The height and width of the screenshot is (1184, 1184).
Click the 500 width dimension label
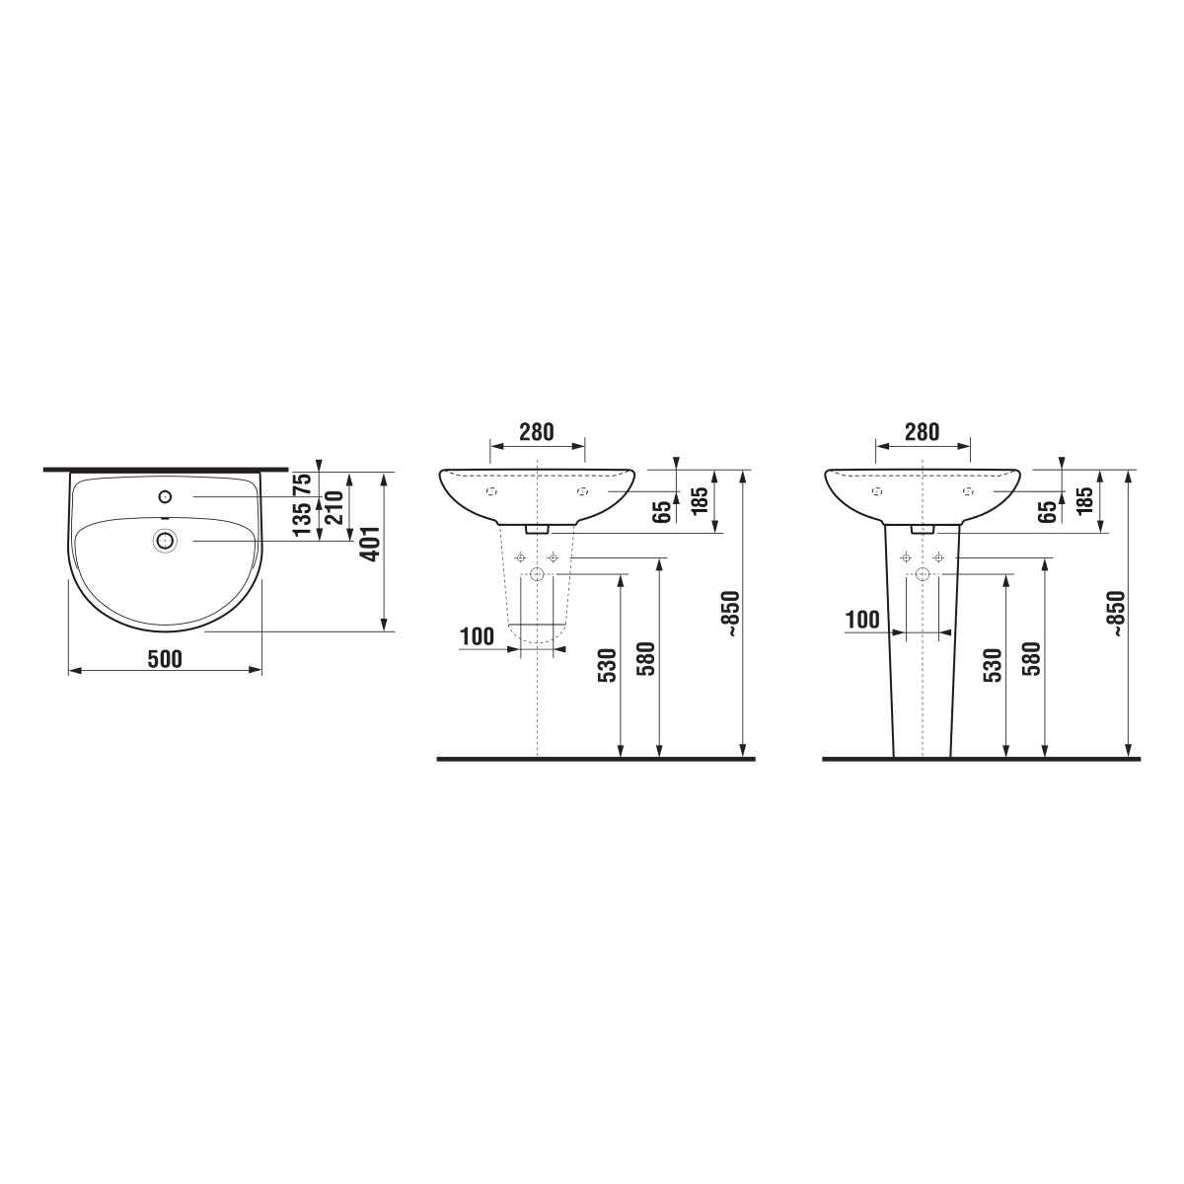coord(166,659)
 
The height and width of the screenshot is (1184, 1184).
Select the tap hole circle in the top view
coord(165,496)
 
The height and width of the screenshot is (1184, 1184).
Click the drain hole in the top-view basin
coord(165,541)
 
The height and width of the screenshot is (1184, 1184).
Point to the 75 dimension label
coord(302,486)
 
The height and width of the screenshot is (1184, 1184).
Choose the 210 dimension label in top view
coord(333,507)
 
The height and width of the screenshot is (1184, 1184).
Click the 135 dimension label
coord(302,519)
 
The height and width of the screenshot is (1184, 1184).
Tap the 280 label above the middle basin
coord(537,432)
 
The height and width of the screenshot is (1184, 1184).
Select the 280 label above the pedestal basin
coord(922,432)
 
